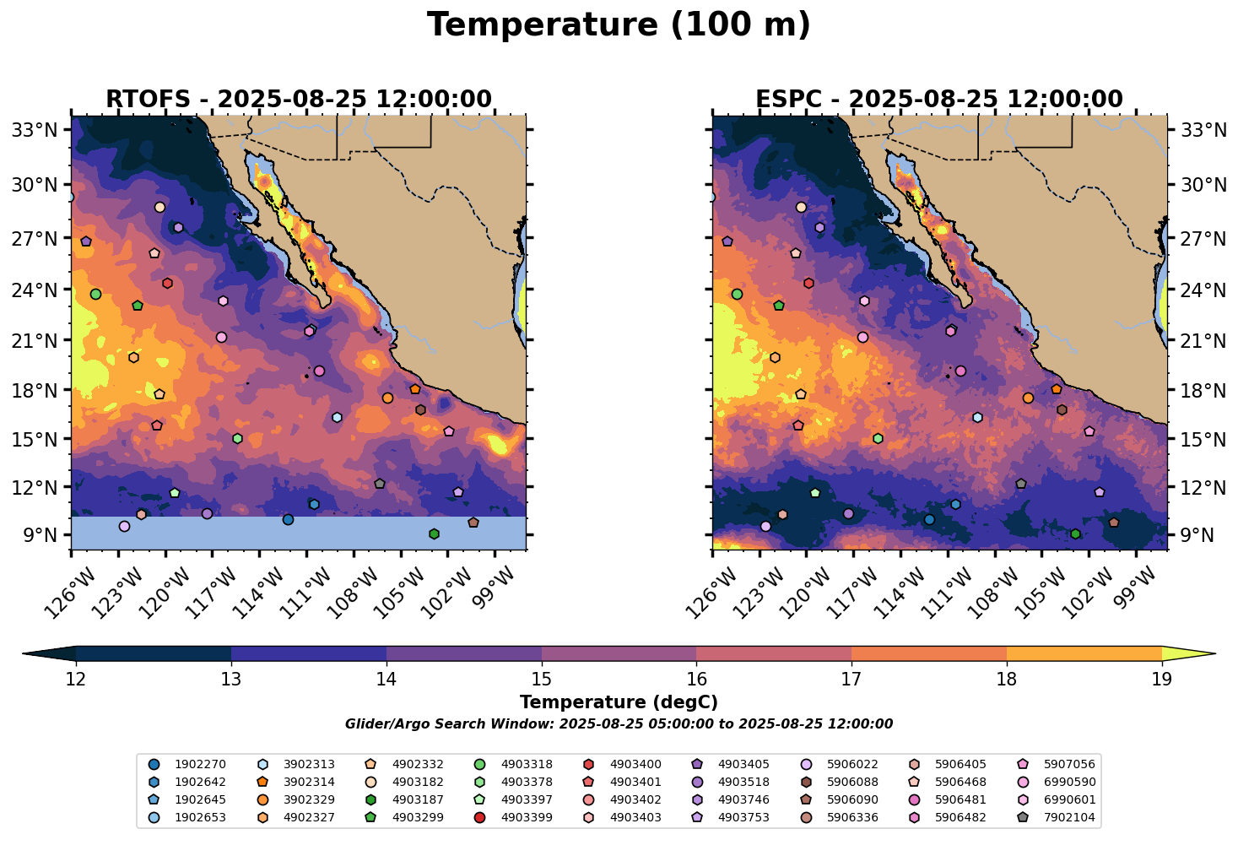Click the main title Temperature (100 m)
pyautogui.click(x=619, y=25)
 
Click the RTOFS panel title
pyautogui.click(x=298, y=100)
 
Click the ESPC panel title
pyautogui.click(x=939, y=100)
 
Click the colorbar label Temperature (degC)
pyautogui.click(x=619, y=702)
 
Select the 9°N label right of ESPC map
pyautogui.click(x=1197, y=535)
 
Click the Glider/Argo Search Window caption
pyautogui.click(x=619, y=724)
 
